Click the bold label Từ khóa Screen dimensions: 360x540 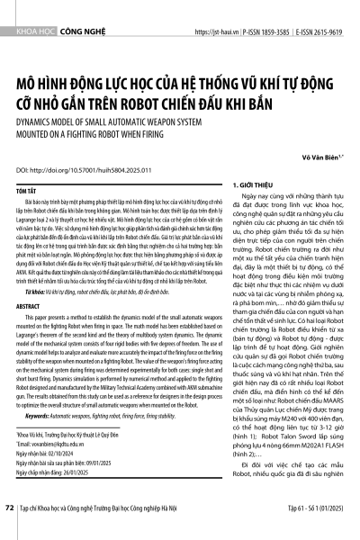pyautogui.click(x=41, y=318)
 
